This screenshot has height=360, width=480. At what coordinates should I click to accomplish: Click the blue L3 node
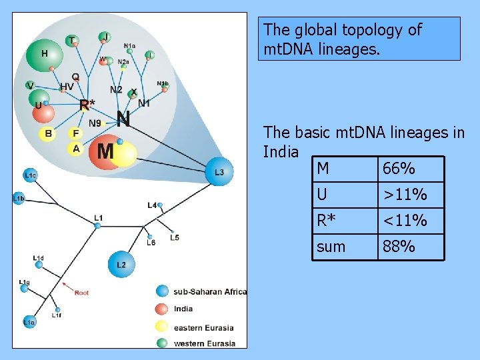coord(219,171)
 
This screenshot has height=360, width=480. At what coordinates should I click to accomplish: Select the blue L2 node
coord(121,265)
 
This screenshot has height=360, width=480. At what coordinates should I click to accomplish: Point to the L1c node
coord(30,175)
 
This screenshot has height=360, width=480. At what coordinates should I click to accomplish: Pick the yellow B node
coord(48,134)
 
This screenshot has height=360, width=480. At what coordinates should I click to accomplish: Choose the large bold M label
coord(105,151)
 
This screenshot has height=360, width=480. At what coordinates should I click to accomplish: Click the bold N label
coord(123,119)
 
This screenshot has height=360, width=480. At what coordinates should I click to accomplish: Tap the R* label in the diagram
coord(87,105)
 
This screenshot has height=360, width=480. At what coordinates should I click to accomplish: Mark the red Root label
coord(81,293)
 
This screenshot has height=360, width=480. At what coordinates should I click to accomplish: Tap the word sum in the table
coord(331,247)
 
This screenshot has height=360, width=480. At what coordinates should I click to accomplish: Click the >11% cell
coord(403,195)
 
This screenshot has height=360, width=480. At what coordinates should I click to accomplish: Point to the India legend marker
coord(161,309)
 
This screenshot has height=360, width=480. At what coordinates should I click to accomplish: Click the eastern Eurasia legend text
coord(203,327)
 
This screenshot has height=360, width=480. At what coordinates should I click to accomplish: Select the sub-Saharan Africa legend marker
coord(161,291)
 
